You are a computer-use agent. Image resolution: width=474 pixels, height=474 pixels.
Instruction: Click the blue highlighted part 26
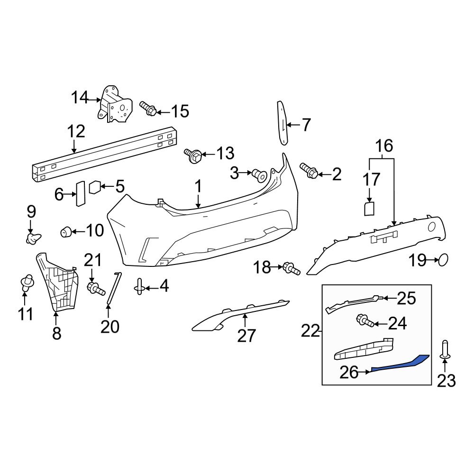click(403, 364)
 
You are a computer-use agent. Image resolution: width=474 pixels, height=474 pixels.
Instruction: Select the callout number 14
click(80, 98)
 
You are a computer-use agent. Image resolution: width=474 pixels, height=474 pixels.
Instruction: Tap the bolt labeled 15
click(148, 109)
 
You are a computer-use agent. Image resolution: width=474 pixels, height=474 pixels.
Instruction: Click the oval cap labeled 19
click(443, 259)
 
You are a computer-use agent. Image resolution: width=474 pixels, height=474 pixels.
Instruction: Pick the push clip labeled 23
click(445, 350)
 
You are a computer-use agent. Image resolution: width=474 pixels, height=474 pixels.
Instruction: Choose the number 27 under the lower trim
click(246, 336)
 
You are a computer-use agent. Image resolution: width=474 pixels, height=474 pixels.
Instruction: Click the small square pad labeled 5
click(95, 187)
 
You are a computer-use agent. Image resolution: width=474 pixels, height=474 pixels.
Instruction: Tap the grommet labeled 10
click(66, 231)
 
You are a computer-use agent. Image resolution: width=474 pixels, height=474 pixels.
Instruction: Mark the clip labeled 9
click(33, 237)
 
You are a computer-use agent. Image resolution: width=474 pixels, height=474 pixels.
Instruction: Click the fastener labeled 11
click(27, 283)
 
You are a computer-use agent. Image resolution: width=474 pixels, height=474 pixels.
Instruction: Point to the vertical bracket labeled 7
click(283, 123)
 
